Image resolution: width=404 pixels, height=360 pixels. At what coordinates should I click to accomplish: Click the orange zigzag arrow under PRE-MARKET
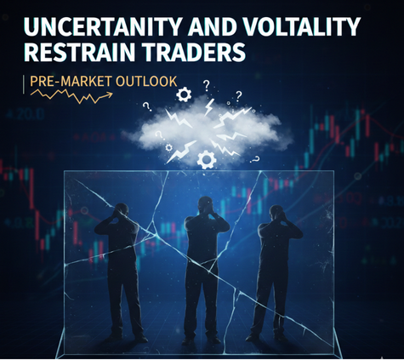71,95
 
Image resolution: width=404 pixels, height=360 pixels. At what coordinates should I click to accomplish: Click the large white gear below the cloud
205,158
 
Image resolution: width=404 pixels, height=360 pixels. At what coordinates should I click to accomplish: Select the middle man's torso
205,243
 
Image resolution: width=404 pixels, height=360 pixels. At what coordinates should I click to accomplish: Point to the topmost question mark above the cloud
206,84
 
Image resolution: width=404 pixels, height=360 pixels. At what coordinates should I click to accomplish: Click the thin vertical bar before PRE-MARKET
25,83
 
